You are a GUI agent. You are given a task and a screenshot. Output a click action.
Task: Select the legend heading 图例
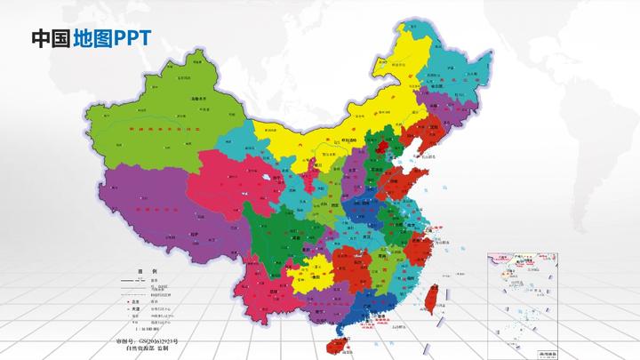[147, 270]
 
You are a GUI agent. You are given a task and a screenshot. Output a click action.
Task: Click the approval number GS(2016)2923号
[148, 341]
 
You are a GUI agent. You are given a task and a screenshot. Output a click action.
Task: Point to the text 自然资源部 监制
[148, 350]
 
